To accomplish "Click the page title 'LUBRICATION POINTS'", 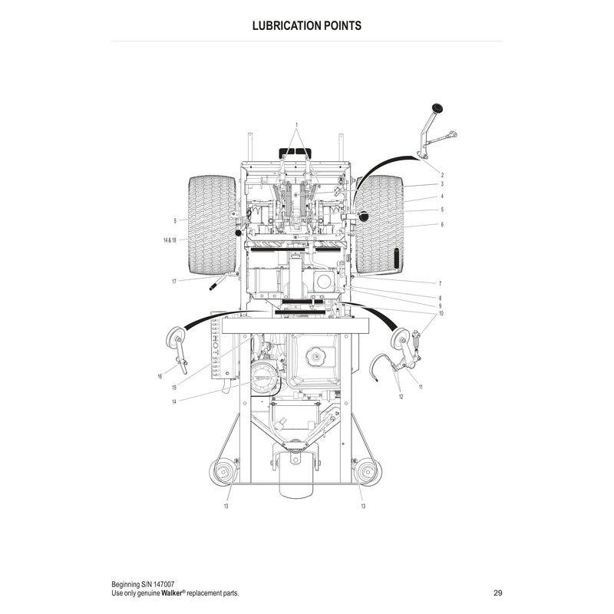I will [307, 25].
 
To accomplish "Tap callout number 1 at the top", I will [296, 124].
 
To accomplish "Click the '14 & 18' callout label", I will [170, 240].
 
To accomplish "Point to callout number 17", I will [174, 282].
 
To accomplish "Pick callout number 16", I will [160, 376].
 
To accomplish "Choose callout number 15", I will [174, 388].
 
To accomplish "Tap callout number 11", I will [421, 387].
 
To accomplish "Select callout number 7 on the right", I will [441, 284].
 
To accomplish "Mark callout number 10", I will [441, 314].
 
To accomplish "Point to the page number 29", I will [498, 593].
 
